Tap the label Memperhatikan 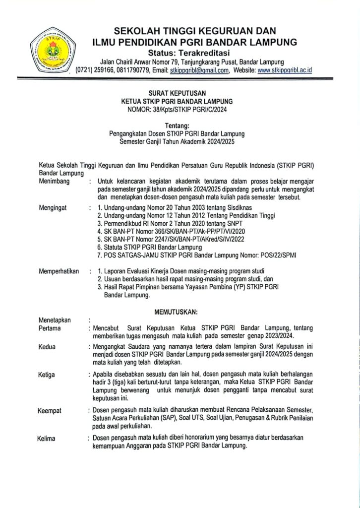(x=59, y=271)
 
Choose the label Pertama (x=50, y=328)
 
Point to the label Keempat (x=51, y=410)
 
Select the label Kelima (x=46, y=439)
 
